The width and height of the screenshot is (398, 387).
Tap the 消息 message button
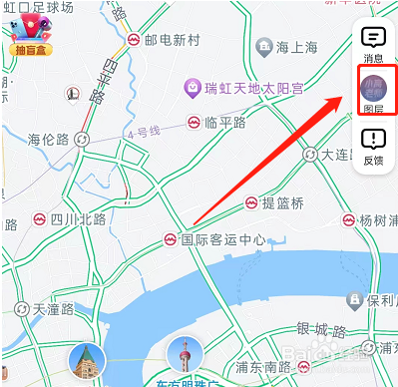click(374, 44)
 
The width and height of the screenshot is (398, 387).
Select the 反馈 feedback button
click(374, 147)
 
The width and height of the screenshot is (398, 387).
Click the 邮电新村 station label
click(173, 41)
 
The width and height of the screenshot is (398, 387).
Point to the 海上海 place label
click(296, 46)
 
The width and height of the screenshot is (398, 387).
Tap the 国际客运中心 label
click(223, 239)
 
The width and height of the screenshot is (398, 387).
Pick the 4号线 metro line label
click(143, 133)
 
